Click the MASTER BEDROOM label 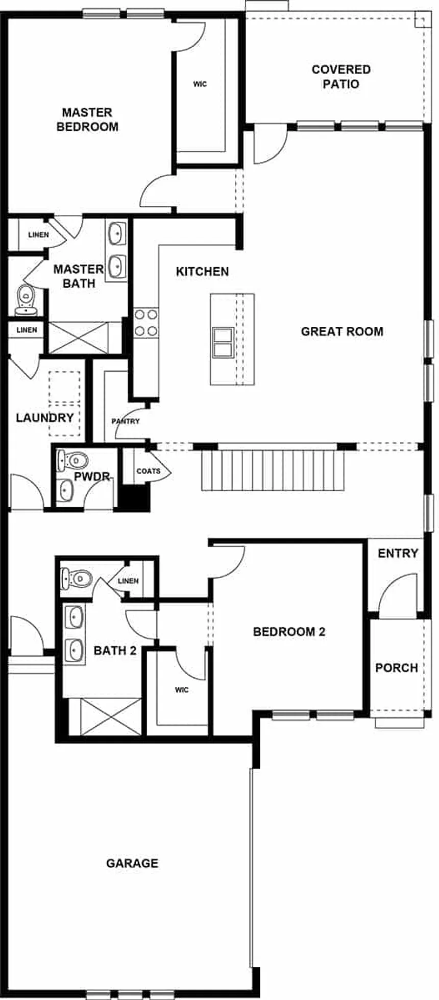click(x=87, y=120)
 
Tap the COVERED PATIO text click(x=341, y=77)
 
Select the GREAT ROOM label click(x=342, y=331)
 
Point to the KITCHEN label click(x=202, y=272)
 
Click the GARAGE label click(x=132, y=863)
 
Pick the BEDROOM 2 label click(x=289, y=632)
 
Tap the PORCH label click(x=396, y=668)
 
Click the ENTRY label click(x=398, y=553)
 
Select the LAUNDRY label click(x=45, y=418)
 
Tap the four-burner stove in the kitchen click(x=146, y=323)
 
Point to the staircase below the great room click(x=273, y=470)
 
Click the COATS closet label click(x=149, y=471)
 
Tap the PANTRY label click(x=126, y=421)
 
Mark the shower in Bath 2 click(x=111, y=717)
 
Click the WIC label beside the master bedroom click(x=200, y=84)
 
